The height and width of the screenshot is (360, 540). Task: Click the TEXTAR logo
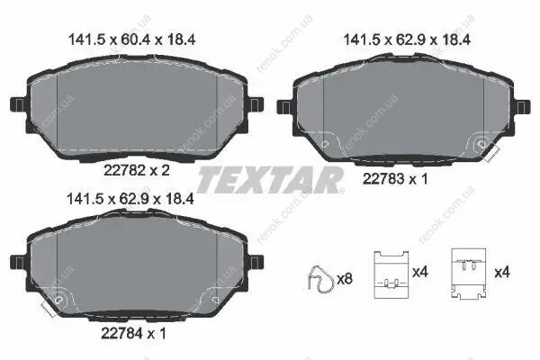click(x=270, y=180)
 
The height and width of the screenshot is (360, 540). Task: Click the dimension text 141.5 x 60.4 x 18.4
click(x=132, y=40)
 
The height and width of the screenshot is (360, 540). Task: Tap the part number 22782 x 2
click(x=137, y=170)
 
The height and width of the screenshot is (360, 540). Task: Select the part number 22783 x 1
click(x=395, y=179)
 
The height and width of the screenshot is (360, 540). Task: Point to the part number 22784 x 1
click(x=133, y=333)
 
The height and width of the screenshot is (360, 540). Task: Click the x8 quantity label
click(x=345, y=279)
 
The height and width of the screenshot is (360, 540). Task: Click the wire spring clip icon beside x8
click(x=320, y=279)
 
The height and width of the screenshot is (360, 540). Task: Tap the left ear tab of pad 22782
click(x=18, y=104)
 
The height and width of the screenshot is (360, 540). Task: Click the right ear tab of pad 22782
click(x=256, y=104)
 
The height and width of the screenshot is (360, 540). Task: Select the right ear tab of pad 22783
click(x=522, y=107)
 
